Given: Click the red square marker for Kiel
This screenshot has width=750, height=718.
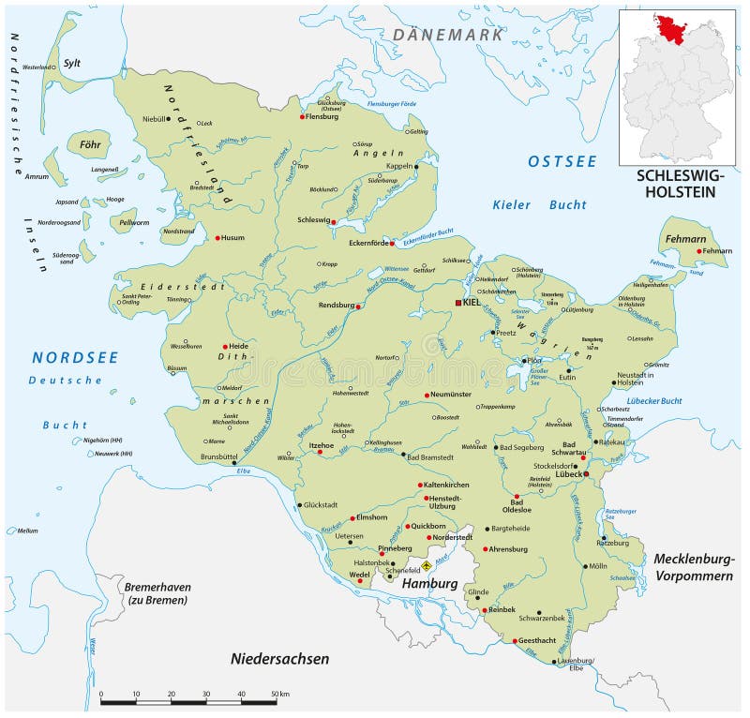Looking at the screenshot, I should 457,303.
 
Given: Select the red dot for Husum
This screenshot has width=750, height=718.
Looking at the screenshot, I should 217,238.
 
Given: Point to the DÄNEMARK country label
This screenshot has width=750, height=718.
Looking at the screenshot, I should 448,35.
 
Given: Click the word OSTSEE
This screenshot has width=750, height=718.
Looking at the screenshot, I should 562,161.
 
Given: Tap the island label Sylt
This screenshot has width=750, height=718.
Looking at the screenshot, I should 72,64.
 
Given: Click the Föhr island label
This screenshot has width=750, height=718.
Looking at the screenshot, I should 90,145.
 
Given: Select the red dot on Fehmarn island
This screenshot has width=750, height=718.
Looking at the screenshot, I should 699,250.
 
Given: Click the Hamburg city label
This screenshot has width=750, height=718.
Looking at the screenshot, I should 429,583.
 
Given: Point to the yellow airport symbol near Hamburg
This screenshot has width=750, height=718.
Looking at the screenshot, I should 426,565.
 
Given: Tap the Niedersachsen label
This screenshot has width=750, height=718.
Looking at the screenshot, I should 279,659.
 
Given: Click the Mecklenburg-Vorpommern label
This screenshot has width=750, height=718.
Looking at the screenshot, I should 693,567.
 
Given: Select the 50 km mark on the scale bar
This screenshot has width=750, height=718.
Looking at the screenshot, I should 277,694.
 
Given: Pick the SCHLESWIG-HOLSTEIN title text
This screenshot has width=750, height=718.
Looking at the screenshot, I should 675,183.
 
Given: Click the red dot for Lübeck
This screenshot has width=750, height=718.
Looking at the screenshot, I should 586,474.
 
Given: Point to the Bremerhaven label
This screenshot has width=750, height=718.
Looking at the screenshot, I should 157,587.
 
